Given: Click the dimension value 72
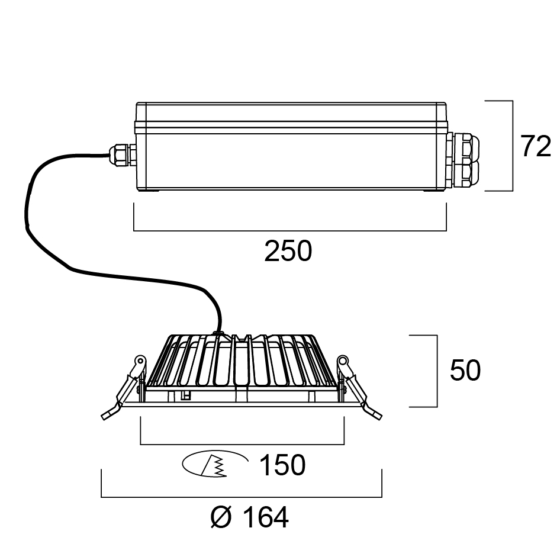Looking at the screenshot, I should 535,147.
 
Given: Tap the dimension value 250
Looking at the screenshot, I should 288,252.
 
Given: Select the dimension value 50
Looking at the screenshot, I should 465,371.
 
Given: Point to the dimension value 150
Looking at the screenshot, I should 282,466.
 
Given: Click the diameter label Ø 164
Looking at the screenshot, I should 250,519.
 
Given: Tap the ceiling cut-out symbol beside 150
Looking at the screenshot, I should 214,465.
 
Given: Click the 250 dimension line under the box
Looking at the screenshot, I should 290,230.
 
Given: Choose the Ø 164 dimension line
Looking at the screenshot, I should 242,497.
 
